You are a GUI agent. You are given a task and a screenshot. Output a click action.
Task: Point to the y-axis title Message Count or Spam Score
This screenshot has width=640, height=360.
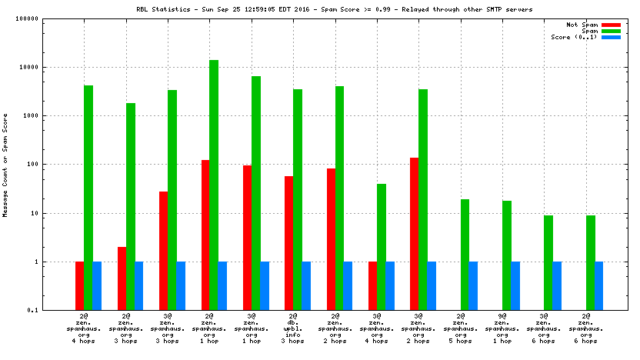5,164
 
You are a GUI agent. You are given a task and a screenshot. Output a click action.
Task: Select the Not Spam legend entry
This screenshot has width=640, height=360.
582,25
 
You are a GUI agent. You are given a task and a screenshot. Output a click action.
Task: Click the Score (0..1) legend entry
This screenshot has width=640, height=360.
576,37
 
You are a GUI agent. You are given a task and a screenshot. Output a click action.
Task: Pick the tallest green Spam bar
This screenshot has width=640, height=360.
214,185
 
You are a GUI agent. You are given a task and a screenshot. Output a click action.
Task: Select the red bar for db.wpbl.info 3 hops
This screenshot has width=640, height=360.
288,242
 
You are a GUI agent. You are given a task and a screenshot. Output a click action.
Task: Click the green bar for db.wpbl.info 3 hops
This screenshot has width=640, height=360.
298,199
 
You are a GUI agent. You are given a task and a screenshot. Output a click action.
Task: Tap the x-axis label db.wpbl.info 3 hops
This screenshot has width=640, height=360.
292,327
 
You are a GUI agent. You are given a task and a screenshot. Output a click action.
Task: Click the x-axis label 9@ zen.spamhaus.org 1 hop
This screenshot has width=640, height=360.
502,327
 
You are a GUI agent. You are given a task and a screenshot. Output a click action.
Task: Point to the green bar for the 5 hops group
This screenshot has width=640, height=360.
465,254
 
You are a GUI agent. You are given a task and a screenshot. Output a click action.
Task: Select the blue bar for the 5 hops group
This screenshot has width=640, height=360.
474,285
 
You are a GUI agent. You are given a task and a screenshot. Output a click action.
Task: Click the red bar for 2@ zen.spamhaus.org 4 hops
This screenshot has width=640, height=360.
79,285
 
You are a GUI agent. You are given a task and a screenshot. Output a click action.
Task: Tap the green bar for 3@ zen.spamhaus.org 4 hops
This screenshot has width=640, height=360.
381,246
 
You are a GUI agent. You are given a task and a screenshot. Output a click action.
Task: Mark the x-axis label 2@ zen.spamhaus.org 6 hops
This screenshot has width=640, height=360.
585,327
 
